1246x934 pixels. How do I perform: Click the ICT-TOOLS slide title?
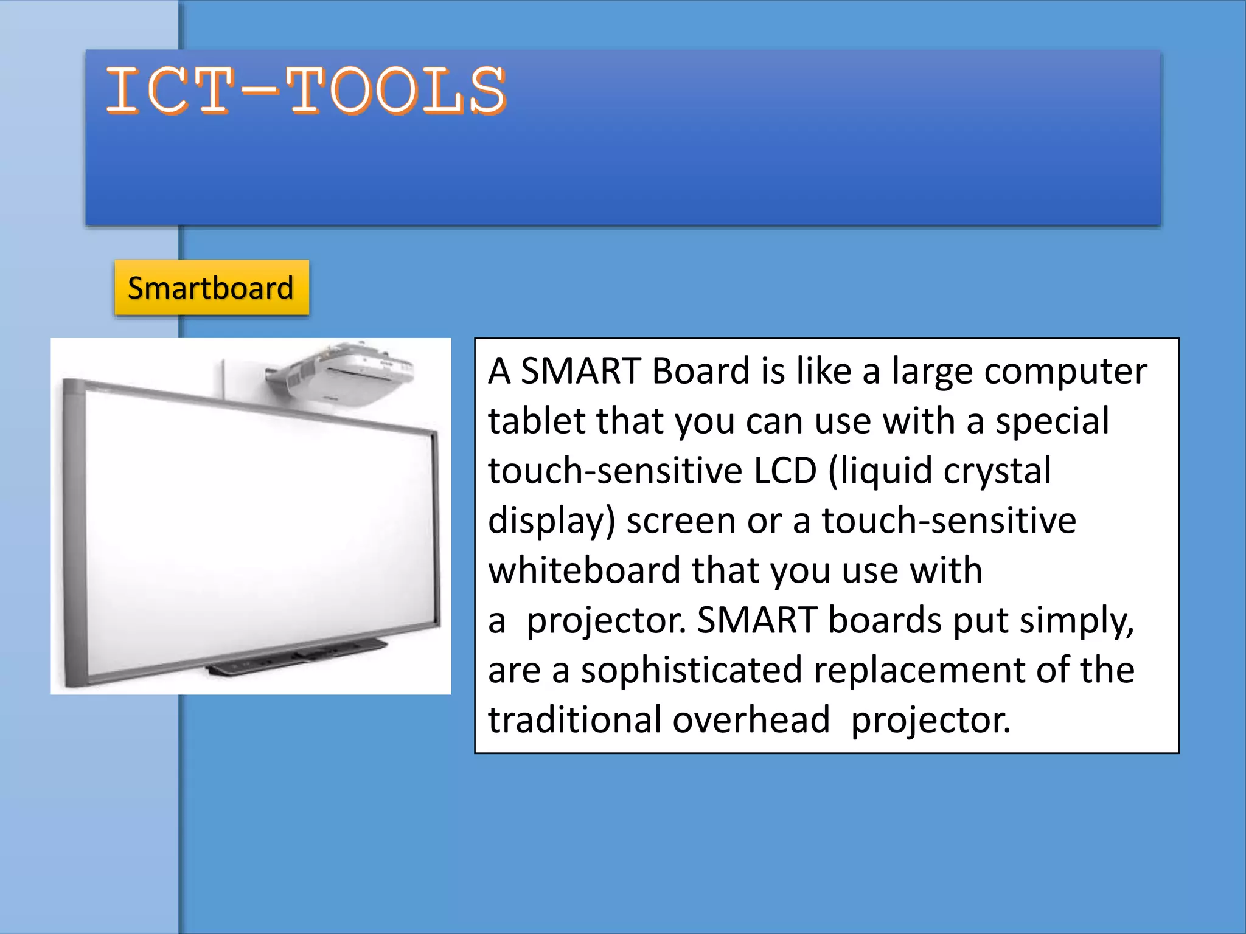pyautogui.click(x=306, y=91)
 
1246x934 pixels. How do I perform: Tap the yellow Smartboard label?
pyautogui.click(x=211, y=288)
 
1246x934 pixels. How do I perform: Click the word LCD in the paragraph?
pyautogui.click(x=784, y=471)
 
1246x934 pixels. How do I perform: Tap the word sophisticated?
pyautogui.click(x=691, y=670)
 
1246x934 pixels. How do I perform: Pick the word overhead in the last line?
pyautogui.click(x=751, y=720)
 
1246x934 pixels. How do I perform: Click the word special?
pyautogui.click(x=1052, y=422)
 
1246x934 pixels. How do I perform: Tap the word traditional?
pyautogui.click(x=574, y=720)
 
